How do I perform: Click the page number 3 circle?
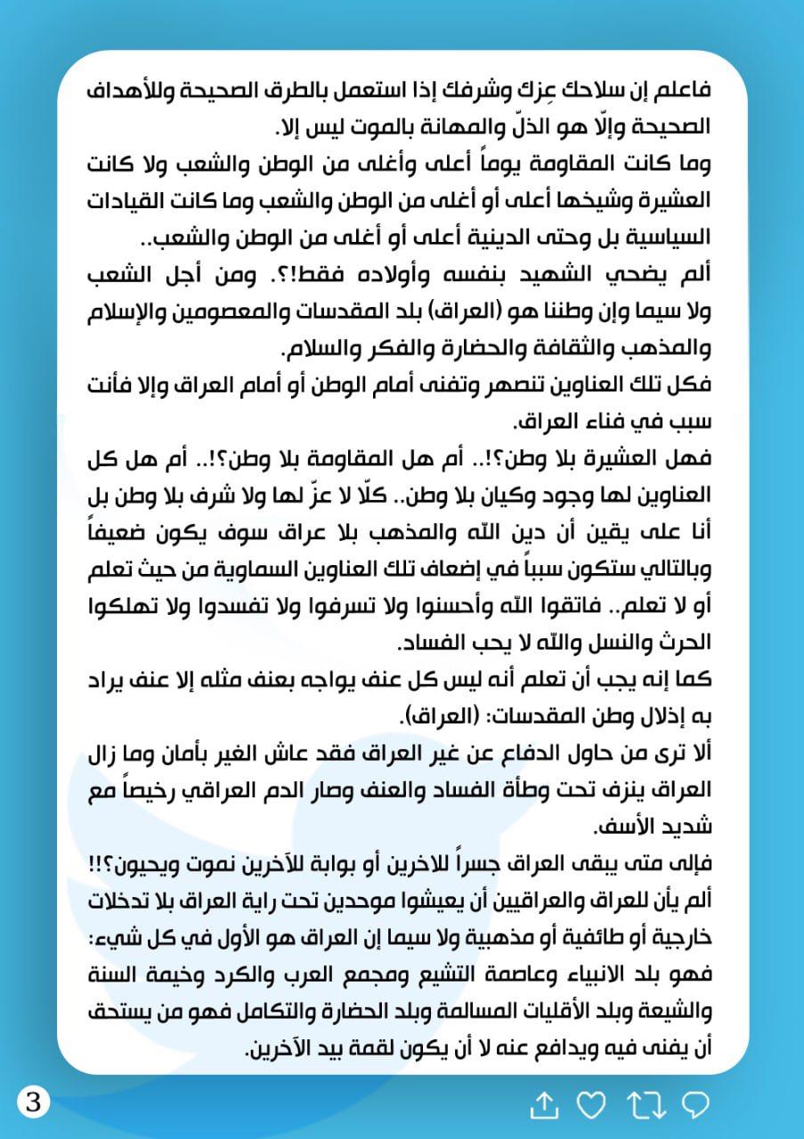click(34, 1103)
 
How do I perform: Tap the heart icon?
click(590, 1105)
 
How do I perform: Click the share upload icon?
click(543, 1105)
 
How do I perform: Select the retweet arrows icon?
click(644, 1105)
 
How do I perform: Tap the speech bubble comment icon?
click(694, 1105)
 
